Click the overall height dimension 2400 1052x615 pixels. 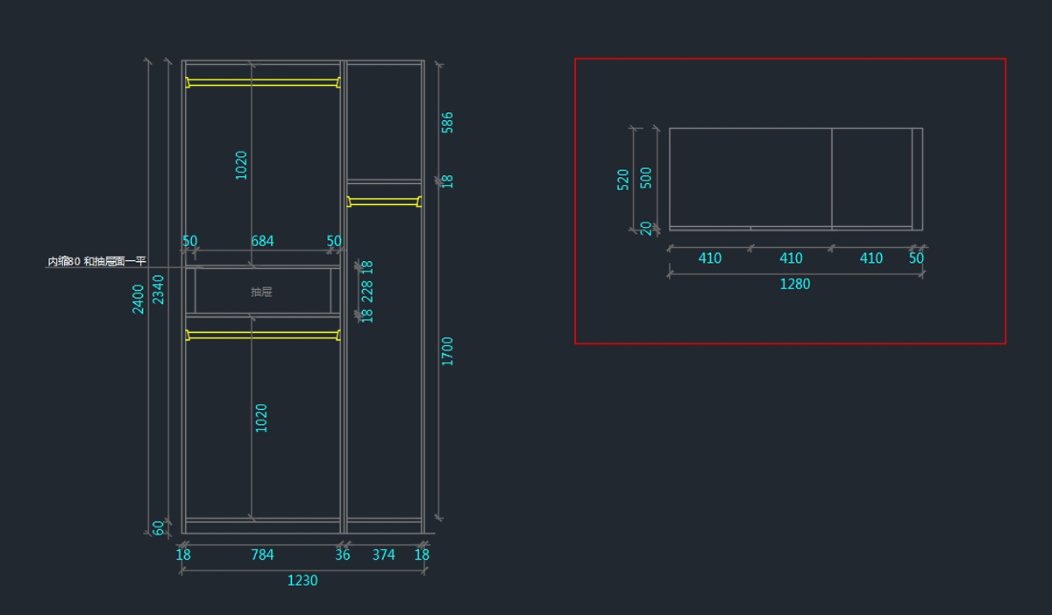point(139,299)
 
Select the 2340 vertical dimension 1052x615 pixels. point(159,290)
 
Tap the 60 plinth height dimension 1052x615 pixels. point(159,527)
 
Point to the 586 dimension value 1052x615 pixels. point(448,122)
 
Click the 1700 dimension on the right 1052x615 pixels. point(448,351)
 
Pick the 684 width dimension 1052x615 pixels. point(262,241)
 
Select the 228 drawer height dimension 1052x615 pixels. point(367,291)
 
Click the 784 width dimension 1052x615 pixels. point(262,555)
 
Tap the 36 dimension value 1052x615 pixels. point(343,555)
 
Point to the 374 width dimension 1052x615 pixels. point(384,555)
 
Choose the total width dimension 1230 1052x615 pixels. point(302,581)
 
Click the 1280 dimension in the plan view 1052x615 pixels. point(795,284)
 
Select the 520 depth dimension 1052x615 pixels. point(623,180)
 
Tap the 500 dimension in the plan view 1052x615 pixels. point(646,176)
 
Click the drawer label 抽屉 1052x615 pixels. point(261,292)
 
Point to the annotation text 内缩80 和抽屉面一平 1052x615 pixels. point(96,261)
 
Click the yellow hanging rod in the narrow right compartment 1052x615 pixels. point(384,201)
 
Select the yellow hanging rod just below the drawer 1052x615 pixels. point(262,335)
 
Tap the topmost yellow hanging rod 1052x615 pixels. point(262,82)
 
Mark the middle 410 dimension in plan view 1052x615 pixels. point(791,258)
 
